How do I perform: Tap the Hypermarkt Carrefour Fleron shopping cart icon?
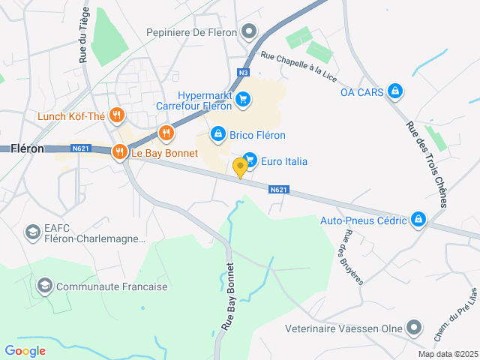(x=242, y=99)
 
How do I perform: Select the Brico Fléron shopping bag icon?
(x=217, y=133)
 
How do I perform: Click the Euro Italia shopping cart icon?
(x=250, y=160)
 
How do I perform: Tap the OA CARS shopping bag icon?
(x=395, y=92)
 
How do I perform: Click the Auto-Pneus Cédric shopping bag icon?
(x=418, y=220)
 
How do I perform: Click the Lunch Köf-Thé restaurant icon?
(x=115, y=115)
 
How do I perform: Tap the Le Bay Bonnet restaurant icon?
(x=119, y=152)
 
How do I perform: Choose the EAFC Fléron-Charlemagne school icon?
(x=32, y=232)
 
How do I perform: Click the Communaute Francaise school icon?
(x=44, y=286)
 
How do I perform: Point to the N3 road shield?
(x=242, y=73)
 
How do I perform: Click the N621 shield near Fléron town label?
(x=82, y=148)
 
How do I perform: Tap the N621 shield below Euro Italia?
(x=278, y=190)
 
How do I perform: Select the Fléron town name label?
(x=27, y=148)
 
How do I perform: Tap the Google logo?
(x=25, y=350)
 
